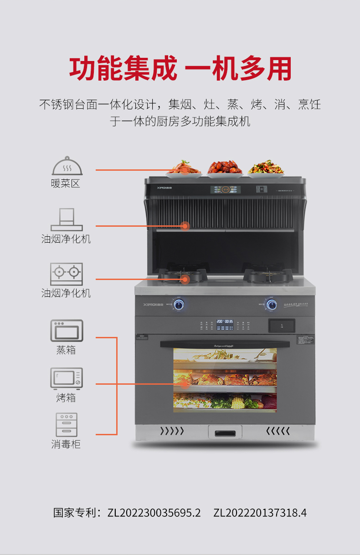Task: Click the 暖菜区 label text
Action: pos(66,184)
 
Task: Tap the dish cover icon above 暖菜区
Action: pos(67,166)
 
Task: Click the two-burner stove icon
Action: pos(67,274)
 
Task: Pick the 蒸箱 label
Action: pos(66,350)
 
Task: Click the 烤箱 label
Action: pos(66,398)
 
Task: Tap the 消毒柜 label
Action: pos(66,444)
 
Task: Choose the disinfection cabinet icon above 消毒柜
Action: pos(67,425)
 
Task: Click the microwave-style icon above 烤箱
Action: pos(67,378)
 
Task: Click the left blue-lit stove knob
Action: pos(179,305)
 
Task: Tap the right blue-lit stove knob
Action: pos(272,305)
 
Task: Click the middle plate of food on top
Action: pos(225,168)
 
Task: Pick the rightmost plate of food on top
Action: pos(266,168)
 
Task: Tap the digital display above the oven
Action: pos(225,321)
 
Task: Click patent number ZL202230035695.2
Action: pos(154,513)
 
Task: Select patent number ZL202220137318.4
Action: pos(260,513)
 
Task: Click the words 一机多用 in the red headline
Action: pos(238,69)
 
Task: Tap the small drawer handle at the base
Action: pos(225,433)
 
